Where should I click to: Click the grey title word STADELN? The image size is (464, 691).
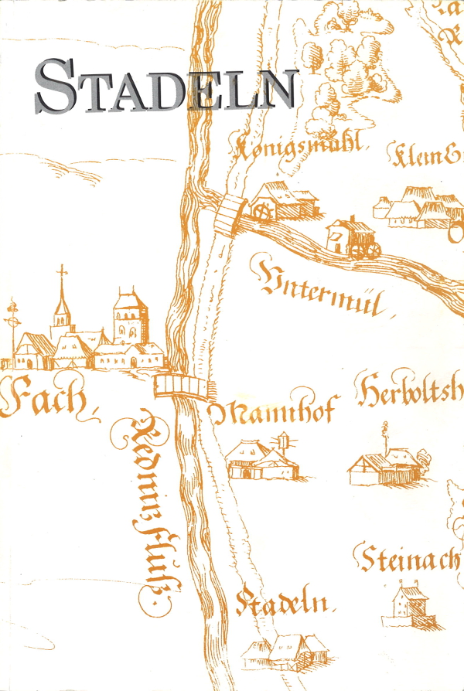165,86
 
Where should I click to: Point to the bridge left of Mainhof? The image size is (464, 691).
183,385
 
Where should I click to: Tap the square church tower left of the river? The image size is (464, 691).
129,317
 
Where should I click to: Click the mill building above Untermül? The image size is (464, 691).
350,237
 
